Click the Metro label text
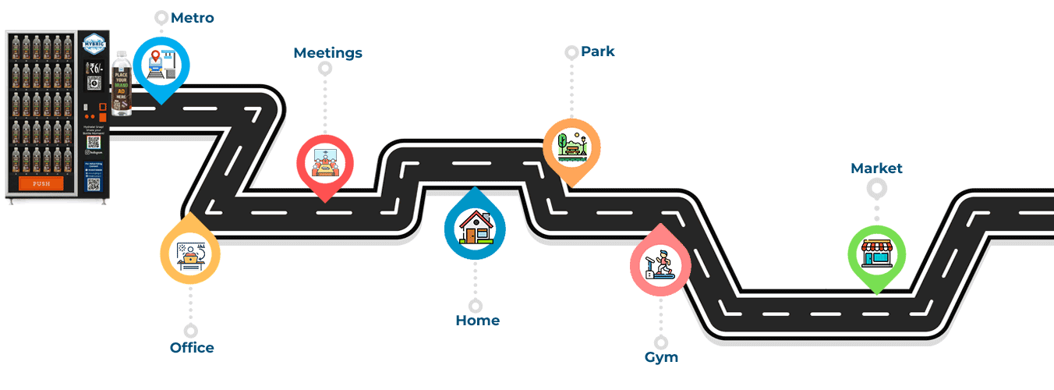(192, 17)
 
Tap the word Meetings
(327, 53)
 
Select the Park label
(597, 51)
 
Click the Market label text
(876, 168)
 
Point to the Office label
(192, 348)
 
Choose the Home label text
(477, 321)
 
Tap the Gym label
(661, 357)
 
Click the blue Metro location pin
(162, 66)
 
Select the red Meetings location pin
(324, 164)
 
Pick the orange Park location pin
(571, 147)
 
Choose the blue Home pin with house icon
(475, 227)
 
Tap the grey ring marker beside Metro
(161, 17)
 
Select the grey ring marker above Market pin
(876, 188)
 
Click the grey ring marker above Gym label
(661, 342)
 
